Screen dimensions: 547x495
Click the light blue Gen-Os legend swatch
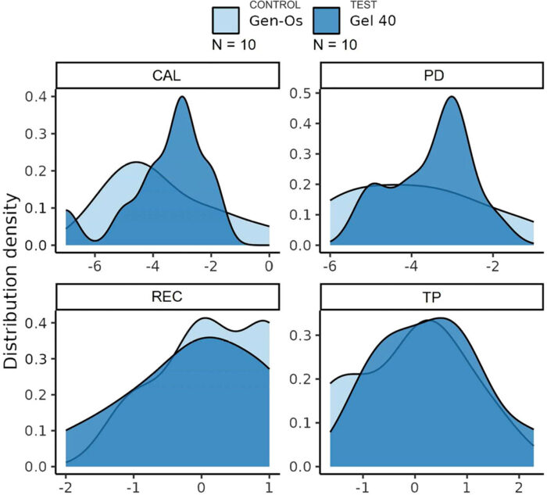coord(226,20)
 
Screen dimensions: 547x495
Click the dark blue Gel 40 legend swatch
coord(327,20)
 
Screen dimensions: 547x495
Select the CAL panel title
coord(166,76)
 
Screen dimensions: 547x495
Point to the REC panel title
coord(166,296)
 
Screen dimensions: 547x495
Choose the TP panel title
coord(431,296)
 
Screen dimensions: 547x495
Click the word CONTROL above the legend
coord(275,5)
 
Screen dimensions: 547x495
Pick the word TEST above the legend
coord(363,5)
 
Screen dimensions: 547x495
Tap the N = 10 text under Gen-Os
coord(234,45)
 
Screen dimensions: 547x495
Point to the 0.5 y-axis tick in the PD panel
coord(300,93)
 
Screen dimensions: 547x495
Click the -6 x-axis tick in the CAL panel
coord(95,267)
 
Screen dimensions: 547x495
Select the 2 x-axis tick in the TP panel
coord(519,487)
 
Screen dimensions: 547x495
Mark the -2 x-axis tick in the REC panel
coord(66,487)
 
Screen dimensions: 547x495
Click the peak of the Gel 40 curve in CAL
coord(182,97)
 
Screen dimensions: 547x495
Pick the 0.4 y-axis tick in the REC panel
coord(36,323)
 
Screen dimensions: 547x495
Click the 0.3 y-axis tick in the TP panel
coord(300,335)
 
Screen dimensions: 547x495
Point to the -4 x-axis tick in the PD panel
coord(411,267)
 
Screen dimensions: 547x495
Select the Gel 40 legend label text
coord(373,20)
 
